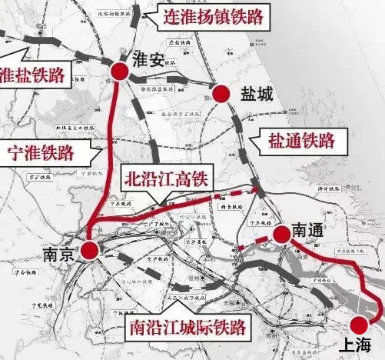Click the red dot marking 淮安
[119, 71]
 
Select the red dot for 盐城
[221, 94]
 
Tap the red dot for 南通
[281, 232]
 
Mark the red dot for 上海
[359, 325]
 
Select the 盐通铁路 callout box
[300, 140]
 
